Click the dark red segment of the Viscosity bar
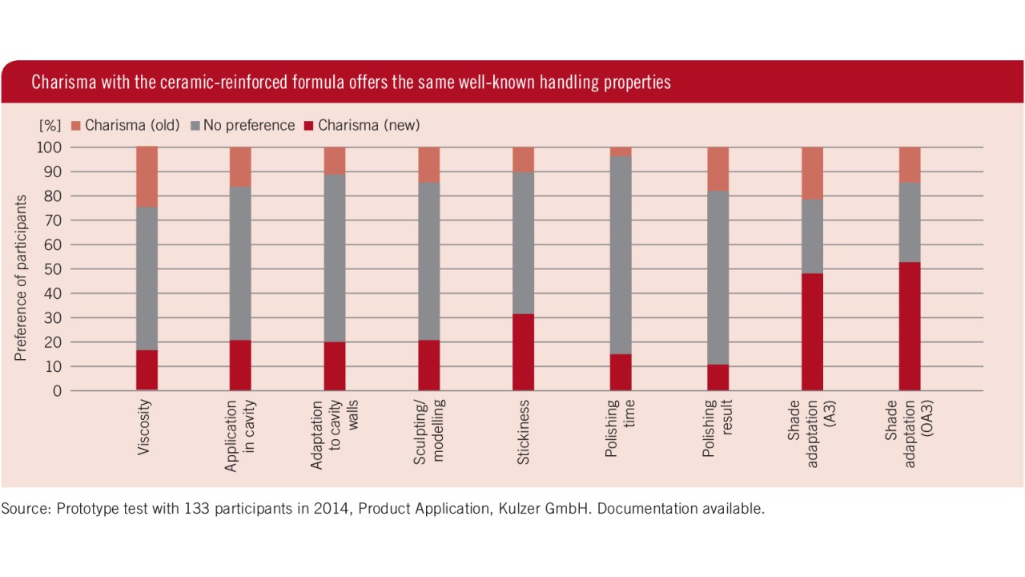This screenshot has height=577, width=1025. tap(147, 370)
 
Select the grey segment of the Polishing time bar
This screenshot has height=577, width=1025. tap(621, 255)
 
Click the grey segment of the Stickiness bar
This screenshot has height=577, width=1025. tap(523, 242)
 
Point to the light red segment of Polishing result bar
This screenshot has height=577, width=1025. tap(717, 168)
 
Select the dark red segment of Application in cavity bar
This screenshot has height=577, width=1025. tap(240, 365)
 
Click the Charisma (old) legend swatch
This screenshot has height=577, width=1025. tap(76, 126)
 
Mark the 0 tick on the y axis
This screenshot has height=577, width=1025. tap(57, 391)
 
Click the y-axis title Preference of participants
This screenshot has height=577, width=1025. tap(21, 277)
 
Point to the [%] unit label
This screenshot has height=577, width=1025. tap(50, 126)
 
